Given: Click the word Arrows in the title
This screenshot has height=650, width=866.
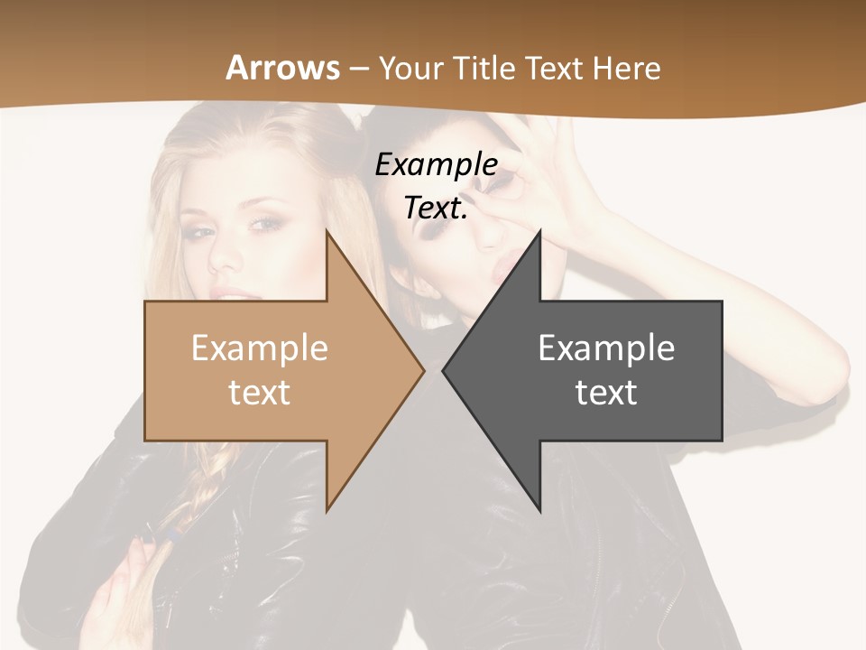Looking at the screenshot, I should [282, 68].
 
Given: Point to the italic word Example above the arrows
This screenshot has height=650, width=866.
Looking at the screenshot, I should [436, 165].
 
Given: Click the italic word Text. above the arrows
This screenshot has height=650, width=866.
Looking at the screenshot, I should [436, 209].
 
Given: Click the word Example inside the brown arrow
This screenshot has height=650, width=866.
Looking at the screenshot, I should [260, 348].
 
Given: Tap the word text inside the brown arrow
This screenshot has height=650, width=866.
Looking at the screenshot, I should [260, 393].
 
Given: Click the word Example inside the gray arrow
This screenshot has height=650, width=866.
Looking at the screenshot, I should [606, 348].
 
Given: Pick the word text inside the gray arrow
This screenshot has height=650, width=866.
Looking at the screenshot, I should [606, 393].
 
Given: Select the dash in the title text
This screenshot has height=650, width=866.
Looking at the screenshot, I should [358, 69].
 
